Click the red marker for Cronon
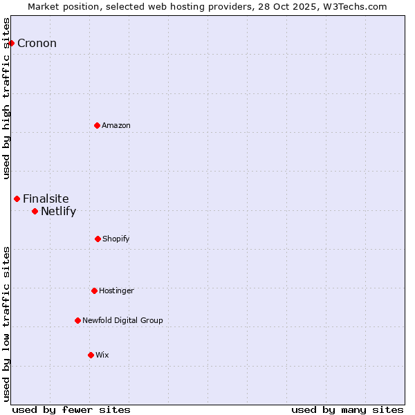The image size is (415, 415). point(11,43)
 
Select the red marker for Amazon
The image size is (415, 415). point(97,125)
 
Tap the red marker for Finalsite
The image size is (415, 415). point(17,199)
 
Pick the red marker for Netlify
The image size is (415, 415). point(35,211)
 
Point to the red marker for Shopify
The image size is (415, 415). point(98,239)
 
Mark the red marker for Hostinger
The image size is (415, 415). point(94,290)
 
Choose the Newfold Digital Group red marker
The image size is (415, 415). point(77,320)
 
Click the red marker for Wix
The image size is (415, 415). point(91,355)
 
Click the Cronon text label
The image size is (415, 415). point(37,44)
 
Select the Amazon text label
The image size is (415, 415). point(116,125)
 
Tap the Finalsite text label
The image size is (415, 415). point(46,199)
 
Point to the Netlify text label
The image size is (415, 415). point(58,212)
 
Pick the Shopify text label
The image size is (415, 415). point(116,239)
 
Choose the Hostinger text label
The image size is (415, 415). point(116,290)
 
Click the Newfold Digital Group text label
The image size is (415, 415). point(122,320)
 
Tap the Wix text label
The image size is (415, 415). point(102,355)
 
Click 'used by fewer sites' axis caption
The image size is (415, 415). point(71,409)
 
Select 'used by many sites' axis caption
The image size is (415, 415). point(347,409)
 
